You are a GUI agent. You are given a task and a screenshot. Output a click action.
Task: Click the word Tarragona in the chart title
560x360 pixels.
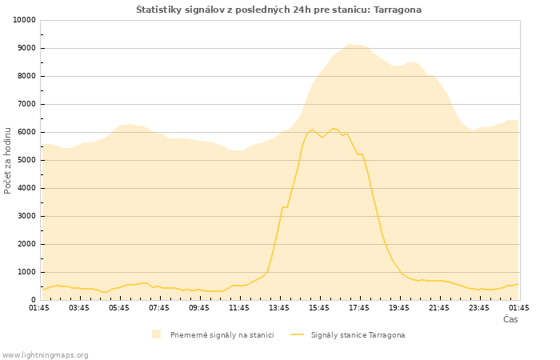398,10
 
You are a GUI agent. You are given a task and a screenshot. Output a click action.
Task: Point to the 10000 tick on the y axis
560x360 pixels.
24,20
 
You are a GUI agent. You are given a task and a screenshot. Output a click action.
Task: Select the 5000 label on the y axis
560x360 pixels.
26,160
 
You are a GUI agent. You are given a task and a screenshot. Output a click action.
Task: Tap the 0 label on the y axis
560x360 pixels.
34,300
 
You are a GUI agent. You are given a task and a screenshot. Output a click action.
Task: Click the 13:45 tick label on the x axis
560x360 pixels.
279,308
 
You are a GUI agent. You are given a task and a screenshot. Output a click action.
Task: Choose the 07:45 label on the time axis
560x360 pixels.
159,308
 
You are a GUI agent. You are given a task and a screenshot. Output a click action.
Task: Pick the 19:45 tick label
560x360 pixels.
399,308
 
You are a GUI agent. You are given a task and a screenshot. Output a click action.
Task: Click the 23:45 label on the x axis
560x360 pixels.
479,308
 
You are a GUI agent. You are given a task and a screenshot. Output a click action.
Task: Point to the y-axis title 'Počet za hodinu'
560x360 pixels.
7,161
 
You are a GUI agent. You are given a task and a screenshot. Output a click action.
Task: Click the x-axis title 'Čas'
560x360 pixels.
510,319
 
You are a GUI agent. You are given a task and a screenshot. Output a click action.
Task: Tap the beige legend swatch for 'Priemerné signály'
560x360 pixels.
156,334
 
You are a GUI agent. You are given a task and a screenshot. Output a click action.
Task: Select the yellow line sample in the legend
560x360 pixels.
297,334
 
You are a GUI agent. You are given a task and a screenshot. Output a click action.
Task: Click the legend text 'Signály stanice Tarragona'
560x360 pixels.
358,335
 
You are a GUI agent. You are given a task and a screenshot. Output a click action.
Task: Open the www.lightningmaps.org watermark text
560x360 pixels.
44,355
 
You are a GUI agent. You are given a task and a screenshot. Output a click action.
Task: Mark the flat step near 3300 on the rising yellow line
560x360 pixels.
285,207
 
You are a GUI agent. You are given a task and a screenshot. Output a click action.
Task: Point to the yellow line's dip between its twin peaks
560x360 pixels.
322,137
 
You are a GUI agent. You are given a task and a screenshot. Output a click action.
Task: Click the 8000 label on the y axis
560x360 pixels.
26,76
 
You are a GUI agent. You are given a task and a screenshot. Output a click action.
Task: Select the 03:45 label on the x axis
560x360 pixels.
79,308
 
